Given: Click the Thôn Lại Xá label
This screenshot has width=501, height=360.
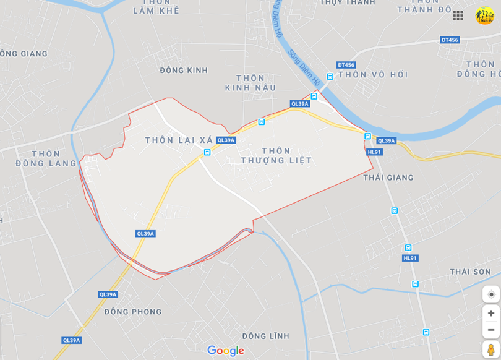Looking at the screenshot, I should [x=178, y=140].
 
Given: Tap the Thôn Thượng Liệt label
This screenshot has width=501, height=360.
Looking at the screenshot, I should [x=276, y=155].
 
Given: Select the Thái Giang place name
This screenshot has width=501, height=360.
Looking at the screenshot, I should [x=388, y=178].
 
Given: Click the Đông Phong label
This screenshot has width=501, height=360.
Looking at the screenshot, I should [x=133, y=312].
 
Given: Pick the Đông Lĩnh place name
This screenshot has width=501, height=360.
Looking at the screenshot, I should [x=266, y=336].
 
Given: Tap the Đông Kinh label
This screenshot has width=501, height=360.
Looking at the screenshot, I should [x=184, y=71].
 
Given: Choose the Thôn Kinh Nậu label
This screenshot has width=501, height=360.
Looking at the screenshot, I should [x=250, y=83].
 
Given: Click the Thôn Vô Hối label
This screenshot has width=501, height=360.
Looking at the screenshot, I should [x=373, y=75].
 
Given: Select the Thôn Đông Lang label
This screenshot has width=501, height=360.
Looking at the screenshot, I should [x=46, y=158].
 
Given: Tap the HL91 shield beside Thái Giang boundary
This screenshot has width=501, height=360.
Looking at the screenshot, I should [x=374, y=152].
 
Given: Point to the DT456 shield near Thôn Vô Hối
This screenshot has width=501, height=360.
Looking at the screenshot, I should [x=346, y=65].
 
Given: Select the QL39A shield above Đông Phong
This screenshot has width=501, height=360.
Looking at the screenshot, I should [x=108, y=294].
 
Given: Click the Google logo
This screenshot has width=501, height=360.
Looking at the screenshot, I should [x=226, y=351].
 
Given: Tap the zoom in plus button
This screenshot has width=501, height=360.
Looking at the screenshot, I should [x=491, y=313].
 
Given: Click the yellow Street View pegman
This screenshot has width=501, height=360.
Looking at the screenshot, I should [x=491, y=349].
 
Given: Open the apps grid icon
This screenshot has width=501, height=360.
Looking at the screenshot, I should [x=458, y=15].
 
